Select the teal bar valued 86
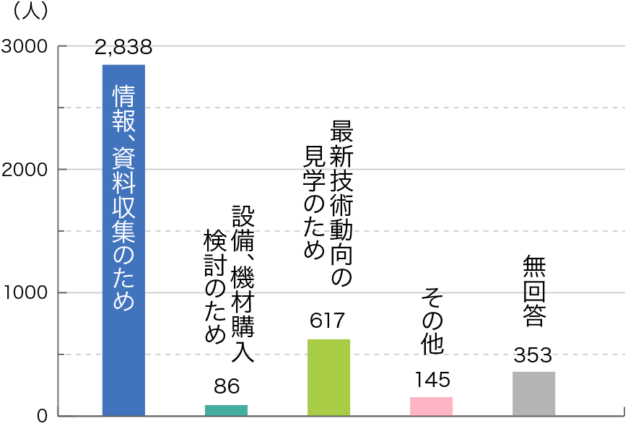[x=226, y=410]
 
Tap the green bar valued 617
[x=328, y=377]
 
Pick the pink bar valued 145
[x=431, y=407]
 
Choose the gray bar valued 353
[x=533, y=394]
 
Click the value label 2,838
[x=123, y=48]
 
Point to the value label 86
[x=226, y=387]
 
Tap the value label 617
[x=328, y=321]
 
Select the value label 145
[x=432, y=379]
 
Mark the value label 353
[x=533, y=355]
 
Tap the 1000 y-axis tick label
[x=26, y=292]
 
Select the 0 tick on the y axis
[x=42, y=416]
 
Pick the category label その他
[x=432, y=321]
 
